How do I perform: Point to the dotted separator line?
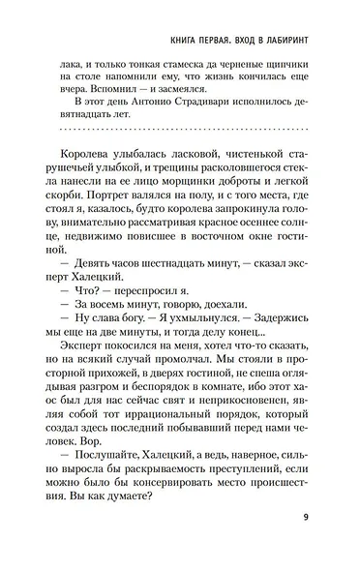point(180,129)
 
